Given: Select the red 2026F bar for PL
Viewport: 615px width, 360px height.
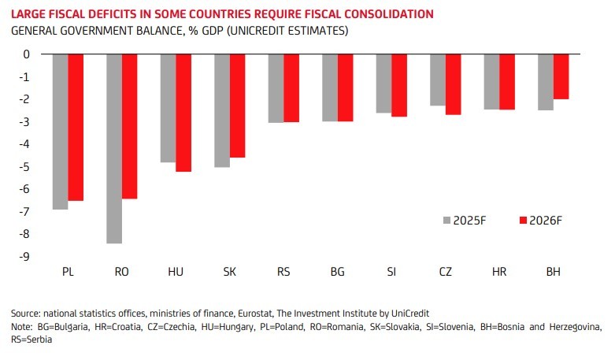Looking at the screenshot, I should [76, 127].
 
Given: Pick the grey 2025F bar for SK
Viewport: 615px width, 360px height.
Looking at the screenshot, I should [222, 110].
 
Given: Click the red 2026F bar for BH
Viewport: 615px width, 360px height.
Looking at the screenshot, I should [561, 76].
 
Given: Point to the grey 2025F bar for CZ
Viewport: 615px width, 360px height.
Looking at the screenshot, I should [437, 80].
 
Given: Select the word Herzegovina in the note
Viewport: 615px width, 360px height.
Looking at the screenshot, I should [572, 327].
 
